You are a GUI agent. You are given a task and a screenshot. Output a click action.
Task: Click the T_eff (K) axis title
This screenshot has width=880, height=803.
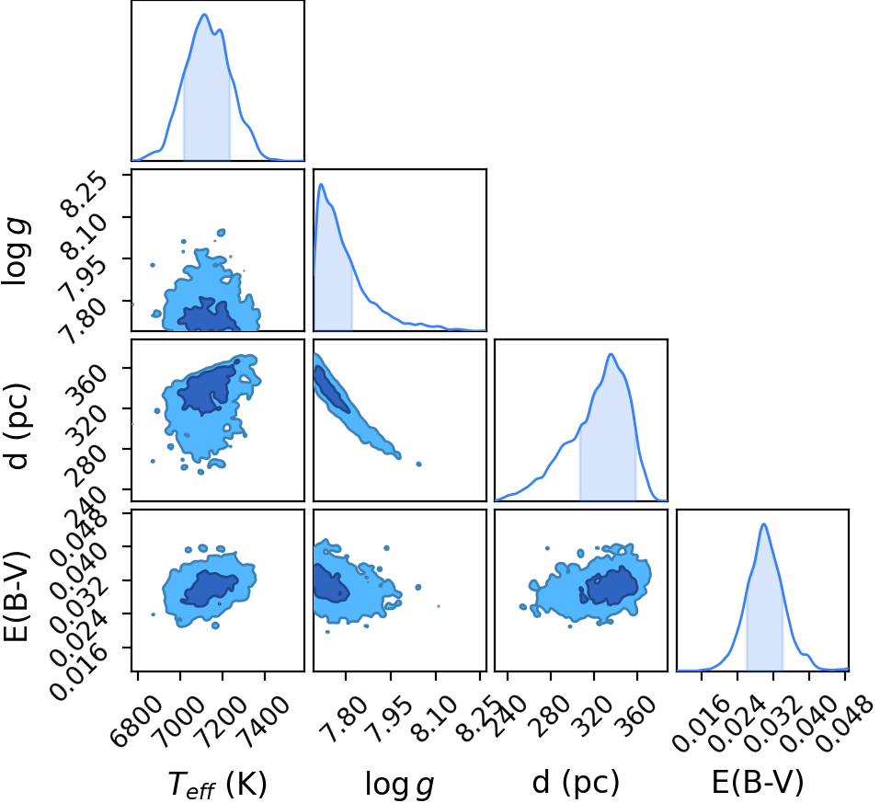tap(217, 784)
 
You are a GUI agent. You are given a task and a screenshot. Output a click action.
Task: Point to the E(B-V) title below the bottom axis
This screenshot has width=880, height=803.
tap(758, 782)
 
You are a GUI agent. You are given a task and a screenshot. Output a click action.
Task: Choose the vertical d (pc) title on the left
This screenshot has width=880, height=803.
tap(17, 426)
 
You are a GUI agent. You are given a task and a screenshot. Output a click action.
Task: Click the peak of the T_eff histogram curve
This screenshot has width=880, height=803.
tap(204, 14)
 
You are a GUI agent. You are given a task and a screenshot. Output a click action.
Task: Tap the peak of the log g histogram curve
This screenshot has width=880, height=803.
tap(321, 184)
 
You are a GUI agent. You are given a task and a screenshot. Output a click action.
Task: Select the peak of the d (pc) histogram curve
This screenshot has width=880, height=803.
tap(611, 354)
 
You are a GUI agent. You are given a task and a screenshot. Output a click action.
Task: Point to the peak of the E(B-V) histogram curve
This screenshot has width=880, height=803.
tap(763, 524)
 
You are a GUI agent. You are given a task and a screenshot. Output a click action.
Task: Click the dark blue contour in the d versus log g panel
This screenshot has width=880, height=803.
tap(330, 388)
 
